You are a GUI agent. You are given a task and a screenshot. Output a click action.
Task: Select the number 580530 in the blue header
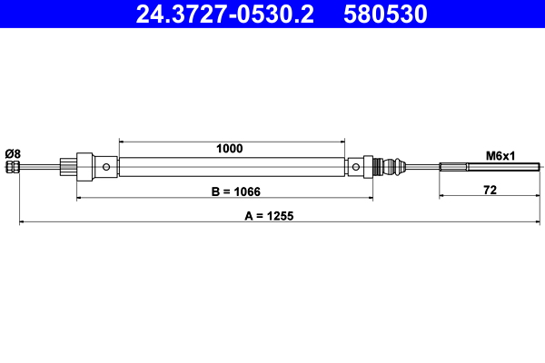click(386, 14)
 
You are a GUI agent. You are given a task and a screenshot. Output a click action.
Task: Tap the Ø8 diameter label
click(13, 152)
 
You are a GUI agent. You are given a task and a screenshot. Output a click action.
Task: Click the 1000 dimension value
click(229, 149)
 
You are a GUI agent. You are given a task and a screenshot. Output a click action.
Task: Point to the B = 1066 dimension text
click(224, 191)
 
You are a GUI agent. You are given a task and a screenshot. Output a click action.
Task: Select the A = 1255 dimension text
click(274, 216)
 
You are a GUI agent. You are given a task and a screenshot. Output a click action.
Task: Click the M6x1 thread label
click(500, 155)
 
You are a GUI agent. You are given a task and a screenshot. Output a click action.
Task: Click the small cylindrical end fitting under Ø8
click(13, 167)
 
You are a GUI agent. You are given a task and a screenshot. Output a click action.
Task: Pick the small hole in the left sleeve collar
click(108, 167)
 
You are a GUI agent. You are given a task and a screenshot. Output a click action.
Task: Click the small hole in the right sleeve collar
click(355, 167)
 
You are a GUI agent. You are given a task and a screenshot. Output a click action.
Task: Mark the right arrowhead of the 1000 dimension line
click(342, 142)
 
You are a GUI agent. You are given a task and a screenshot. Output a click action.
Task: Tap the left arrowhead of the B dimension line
click(80, 196)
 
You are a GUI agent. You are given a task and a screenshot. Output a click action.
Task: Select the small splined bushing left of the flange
click(66, 167)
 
